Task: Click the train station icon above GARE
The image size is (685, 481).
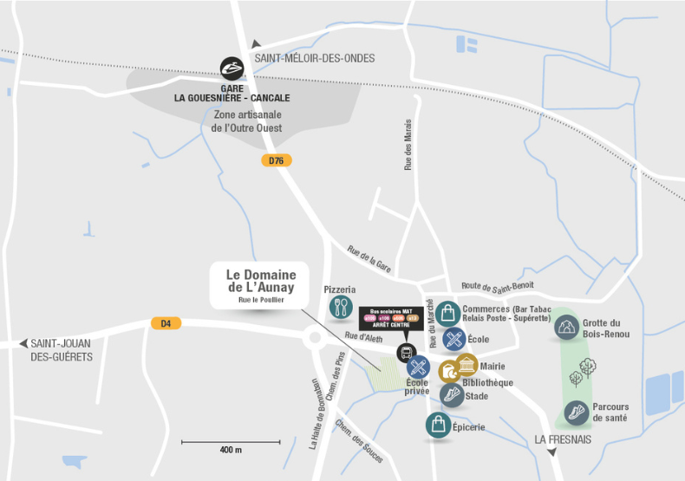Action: (x=232, y=68)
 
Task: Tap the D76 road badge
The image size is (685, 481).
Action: (x=277, y=160)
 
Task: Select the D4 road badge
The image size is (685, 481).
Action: (x=166, y=323)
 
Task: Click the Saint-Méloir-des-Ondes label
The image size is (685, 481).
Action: (x=315, y=58)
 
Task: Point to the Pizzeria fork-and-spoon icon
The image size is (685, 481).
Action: (x=340, y=307)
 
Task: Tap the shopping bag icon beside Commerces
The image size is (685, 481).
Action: (x=447, y=313)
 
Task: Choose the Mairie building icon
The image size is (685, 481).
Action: (x=466, y=365)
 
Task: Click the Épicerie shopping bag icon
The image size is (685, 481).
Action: (x=438, y=425)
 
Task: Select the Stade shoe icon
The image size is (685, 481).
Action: (x=451, y=395)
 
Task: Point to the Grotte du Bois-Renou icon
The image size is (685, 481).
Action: (x=566, y=327)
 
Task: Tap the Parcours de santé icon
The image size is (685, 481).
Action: (x=576, y=413)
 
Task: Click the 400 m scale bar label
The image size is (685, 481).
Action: (x=231, y=451)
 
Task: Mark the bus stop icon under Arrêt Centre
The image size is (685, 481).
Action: (x=405, y=353)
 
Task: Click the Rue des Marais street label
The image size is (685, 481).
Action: (x=408, y=146)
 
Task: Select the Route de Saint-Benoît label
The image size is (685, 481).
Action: (x=497, y=286)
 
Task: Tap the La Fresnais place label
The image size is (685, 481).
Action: (x=563, y=439)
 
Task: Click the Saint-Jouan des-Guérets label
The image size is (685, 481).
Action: (x=62, y=350)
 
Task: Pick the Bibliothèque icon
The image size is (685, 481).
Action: (x=449, y=372)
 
